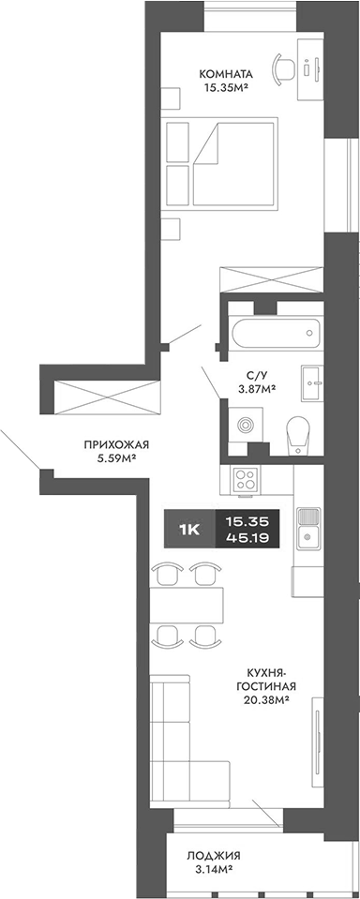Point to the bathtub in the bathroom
click(277, 333)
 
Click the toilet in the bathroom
click(298, 433)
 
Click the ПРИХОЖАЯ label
click(117, 445)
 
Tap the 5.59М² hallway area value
click(117, 459)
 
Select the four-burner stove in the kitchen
click(247, 481)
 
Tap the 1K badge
click(189, 529)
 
